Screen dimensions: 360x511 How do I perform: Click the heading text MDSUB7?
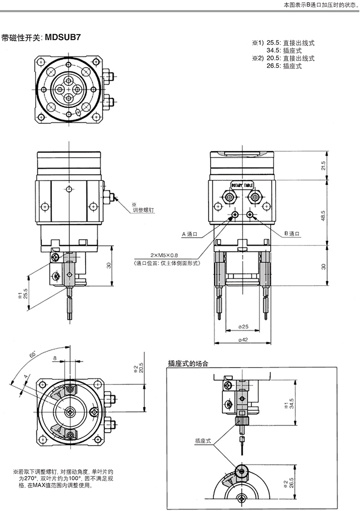click(x=62, y=37)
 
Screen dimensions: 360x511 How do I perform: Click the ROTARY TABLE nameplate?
click(x=242, y=185)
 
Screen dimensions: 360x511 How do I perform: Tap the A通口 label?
click(x=190, y=234)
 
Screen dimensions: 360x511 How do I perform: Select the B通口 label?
click(x=292, y=233)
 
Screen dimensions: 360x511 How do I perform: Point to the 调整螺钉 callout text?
click(x=143, y=210)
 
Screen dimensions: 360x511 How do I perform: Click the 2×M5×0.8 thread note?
click(x=164, y=255)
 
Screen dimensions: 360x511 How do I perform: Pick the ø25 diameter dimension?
click(x=243, y=326)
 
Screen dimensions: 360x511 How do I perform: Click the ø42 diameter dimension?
click(x=243, y=339)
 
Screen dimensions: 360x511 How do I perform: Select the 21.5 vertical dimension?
click(x=323, y=166)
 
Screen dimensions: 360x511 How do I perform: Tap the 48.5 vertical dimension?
click(x=323, y=216)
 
